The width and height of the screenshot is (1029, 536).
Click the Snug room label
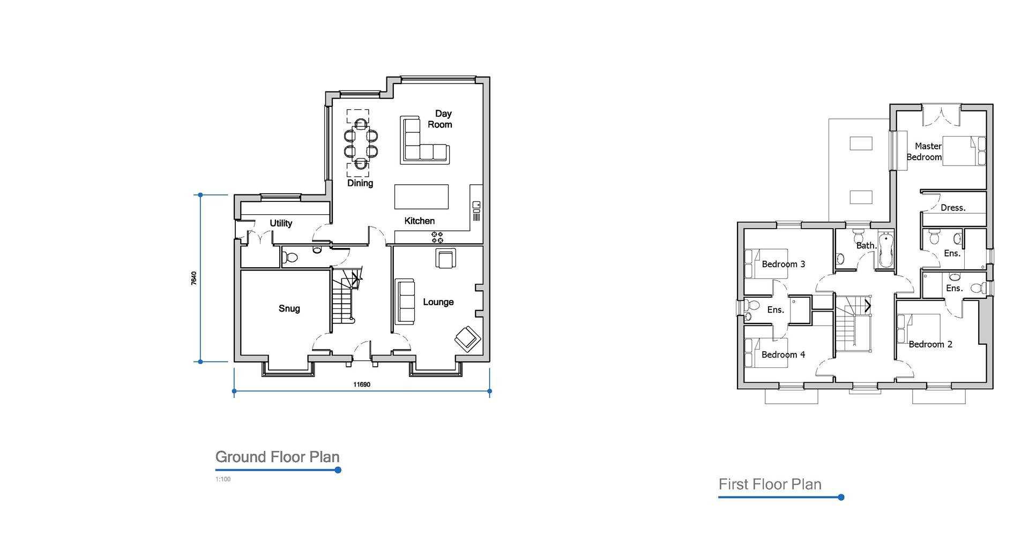pos(289,308)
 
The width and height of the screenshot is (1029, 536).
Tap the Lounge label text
pos(438,302)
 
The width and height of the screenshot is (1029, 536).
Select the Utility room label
pos(281,223)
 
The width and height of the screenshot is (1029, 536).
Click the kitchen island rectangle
pos(421,197)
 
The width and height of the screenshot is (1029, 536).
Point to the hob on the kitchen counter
pos(437,237)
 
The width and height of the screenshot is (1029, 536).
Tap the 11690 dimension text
pos(362,384)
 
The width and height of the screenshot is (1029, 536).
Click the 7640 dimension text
pos(194,278)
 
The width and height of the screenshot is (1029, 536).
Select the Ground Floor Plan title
pos(277,457)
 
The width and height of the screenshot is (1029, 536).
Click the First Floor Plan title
pos(770,484)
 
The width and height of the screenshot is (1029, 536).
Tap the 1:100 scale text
pos(223,479)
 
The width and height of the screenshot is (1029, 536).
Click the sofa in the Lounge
pos(405,301)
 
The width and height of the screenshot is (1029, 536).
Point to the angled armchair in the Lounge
pos(467,338)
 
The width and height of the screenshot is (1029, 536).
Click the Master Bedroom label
pos(925,152)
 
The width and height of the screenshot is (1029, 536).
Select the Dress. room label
pos(953,208)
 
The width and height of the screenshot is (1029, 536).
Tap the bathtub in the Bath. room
pos(885,250)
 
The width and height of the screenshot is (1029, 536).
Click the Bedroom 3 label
pos(783,264)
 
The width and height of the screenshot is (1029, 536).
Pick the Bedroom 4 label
pos(783,354)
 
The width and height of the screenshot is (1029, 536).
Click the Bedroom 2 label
pos(930,344)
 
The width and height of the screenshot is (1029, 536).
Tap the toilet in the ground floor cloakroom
pos(290,258)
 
